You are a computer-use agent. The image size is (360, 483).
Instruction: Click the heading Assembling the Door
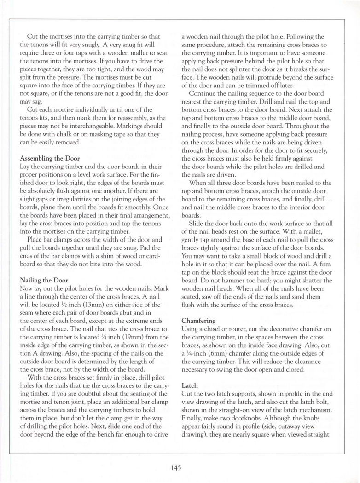tap(50, 158)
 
